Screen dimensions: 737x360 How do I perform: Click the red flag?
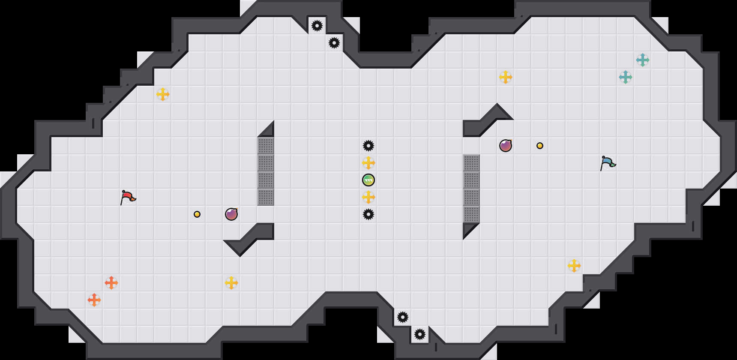(128, 197)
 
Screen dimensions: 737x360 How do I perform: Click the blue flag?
(608, 163)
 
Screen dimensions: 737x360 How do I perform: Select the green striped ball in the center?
(368, 180)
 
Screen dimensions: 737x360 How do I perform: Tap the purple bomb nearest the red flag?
(231, 214)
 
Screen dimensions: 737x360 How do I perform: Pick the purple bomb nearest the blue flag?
(506, 146)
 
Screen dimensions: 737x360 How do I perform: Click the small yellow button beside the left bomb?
(197, 214)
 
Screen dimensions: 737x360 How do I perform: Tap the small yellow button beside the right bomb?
(540, 146)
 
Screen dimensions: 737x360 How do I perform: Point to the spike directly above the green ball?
(368, 146)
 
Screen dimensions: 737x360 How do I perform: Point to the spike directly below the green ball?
(368, 214)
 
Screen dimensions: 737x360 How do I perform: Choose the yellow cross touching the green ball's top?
(368, 163)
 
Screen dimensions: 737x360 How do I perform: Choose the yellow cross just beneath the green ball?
(368, 197)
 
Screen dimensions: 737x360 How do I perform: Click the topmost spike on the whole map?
(317, 26)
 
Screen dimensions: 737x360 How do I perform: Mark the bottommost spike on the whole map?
(420, 334)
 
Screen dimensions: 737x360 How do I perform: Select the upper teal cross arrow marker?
(643, 60)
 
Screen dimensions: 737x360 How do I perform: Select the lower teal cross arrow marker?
(626, 77)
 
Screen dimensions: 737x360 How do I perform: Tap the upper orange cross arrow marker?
(111, 283)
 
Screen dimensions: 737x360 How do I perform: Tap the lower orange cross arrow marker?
(94, 300)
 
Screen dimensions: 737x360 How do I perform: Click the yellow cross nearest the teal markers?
(506, 77)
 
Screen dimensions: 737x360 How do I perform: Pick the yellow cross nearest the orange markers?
(231, 283)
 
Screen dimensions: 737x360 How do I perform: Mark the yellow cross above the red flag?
(163, 94)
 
